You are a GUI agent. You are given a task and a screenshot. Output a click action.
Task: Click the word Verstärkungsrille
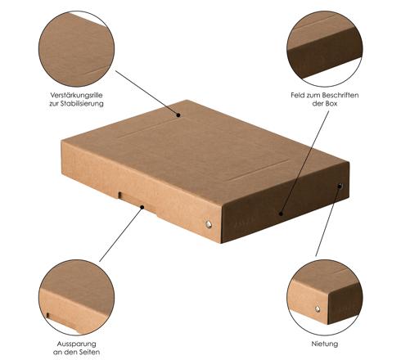[76, 95]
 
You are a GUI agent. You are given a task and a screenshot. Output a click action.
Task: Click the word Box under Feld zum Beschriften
[331, 104]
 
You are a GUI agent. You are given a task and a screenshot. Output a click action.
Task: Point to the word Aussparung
[76, 344]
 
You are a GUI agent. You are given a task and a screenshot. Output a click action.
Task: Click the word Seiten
[89, 352]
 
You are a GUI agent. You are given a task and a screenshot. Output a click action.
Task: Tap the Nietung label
[325, 344]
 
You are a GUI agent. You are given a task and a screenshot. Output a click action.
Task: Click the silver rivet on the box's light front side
[209, 224]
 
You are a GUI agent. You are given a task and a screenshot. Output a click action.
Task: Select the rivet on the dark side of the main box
[340, 187]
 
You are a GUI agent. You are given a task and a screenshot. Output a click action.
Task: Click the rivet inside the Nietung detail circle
[318, 308]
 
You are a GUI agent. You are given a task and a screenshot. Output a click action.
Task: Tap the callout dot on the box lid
[178, 115]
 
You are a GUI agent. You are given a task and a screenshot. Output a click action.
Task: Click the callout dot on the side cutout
[142, 207]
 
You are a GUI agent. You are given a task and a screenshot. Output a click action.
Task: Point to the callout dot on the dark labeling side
[281, 214]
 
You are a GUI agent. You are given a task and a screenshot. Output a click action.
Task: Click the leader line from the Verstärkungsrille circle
[146, 93]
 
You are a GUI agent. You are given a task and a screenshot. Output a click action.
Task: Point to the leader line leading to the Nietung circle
[327, 221]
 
